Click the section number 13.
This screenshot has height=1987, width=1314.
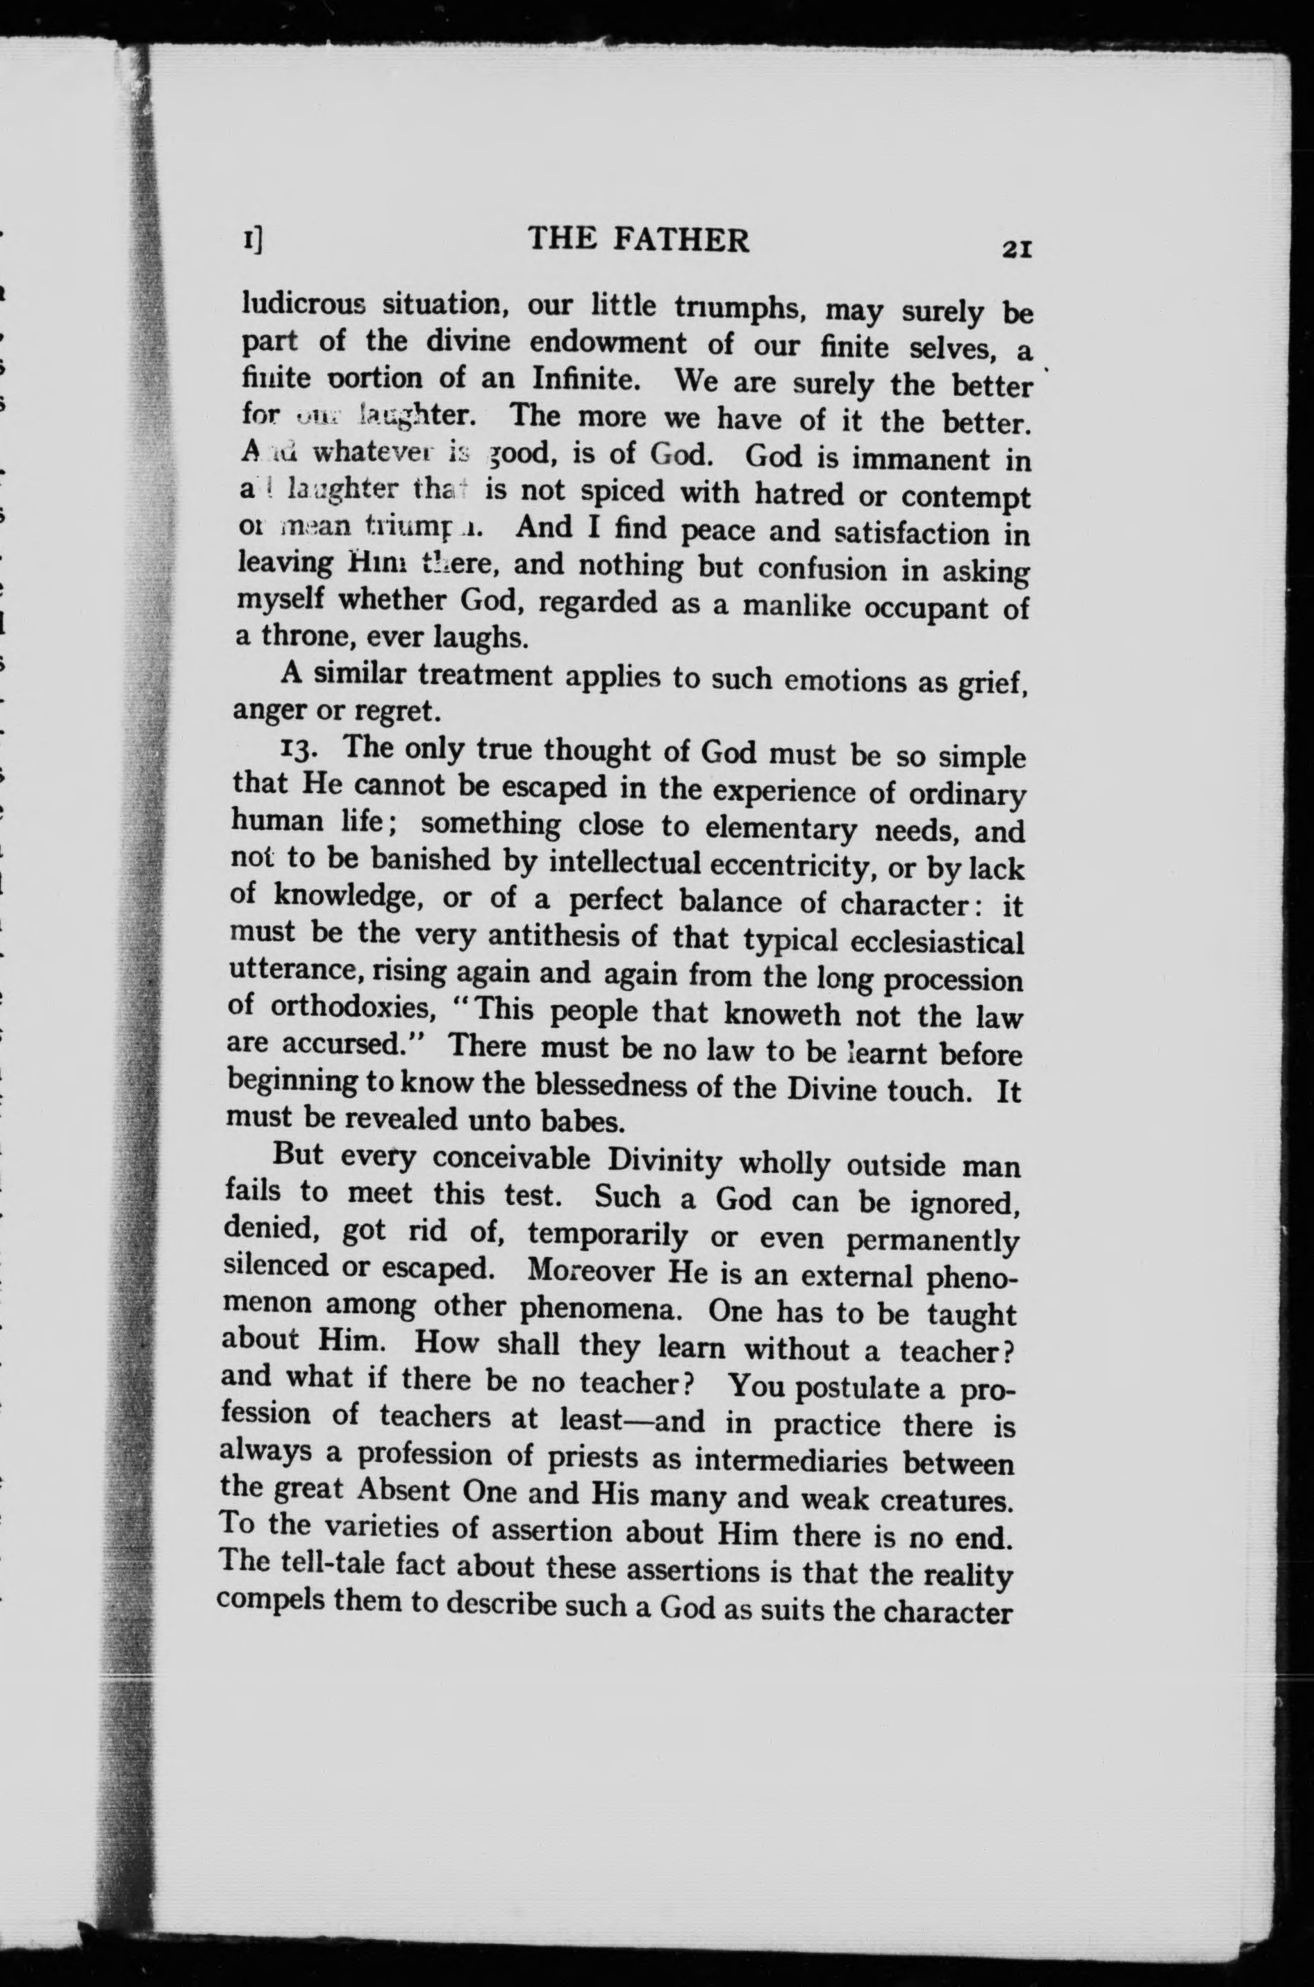click(x=305, y=746)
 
